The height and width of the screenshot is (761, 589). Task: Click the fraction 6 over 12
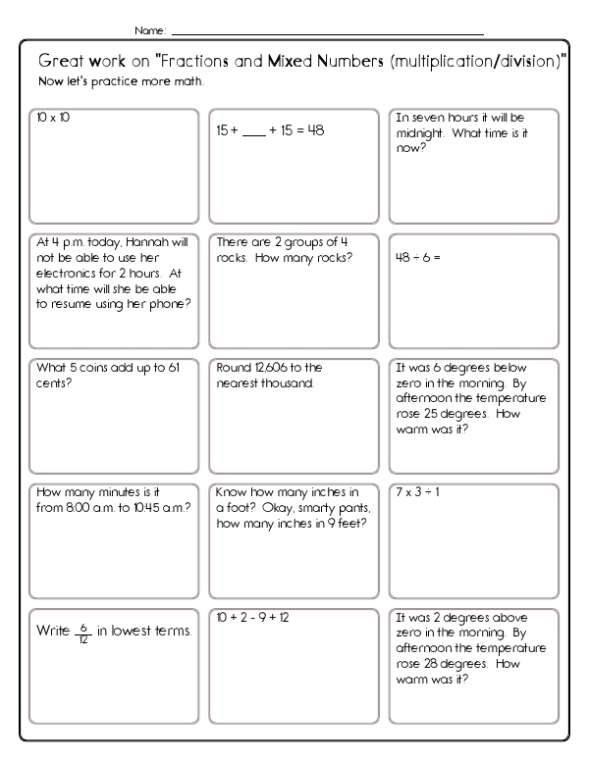(85, 632)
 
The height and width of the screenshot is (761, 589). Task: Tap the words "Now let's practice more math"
(121, 80)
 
